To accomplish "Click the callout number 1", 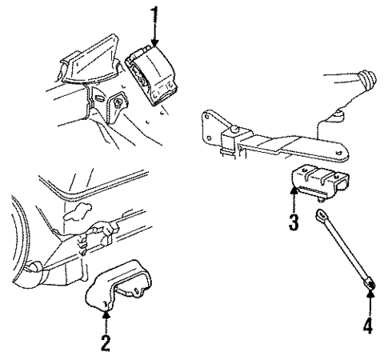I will (x=155, y=14).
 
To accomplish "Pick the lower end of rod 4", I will (x=370, y=284).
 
